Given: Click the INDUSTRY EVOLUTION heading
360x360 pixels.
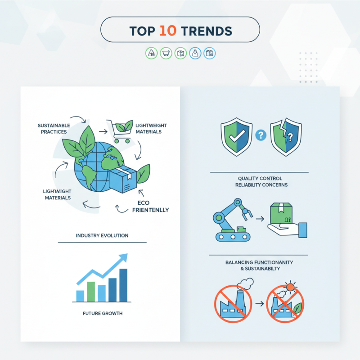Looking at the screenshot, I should click(x=102, y=235).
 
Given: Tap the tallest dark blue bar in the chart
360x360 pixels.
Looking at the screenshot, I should click(x=123, y=285).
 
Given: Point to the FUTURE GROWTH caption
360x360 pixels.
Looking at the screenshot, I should click(x=102, y=313).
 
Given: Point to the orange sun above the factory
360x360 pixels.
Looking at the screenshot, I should click(x=291, y=286).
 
